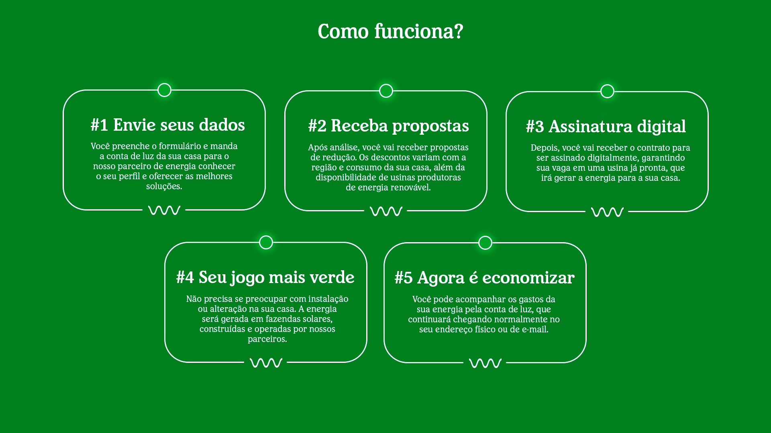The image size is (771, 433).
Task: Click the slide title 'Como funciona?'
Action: (390, 31)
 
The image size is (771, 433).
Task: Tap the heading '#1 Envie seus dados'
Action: (167, 125)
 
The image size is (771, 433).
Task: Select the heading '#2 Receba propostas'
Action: (388, 126)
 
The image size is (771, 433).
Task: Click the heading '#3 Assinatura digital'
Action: (606, 127)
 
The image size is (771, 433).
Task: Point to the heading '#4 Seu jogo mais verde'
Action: (265, 277)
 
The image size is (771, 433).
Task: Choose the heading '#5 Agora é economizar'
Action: (484, 278)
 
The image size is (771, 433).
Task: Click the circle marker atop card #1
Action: (164, 90)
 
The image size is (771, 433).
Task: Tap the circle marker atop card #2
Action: (386, 91)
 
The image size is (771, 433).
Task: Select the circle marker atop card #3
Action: (607, 91)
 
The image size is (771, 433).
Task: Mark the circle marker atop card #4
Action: (266, 242)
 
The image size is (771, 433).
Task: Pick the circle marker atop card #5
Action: (485, 243)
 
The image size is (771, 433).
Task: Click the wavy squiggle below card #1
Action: (164, 210)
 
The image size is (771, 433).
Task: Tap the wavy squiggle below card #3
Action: (607, 212)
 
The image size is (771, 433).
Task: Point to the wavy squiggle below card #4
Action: (266, 363)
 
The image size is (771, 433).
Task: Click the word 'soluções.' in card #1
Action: (164, 186)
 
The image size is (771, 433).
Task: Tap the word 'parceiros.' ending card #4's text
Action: (267, 339)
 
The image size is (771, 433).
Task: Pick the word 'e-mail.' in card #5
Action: (535, 329)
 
